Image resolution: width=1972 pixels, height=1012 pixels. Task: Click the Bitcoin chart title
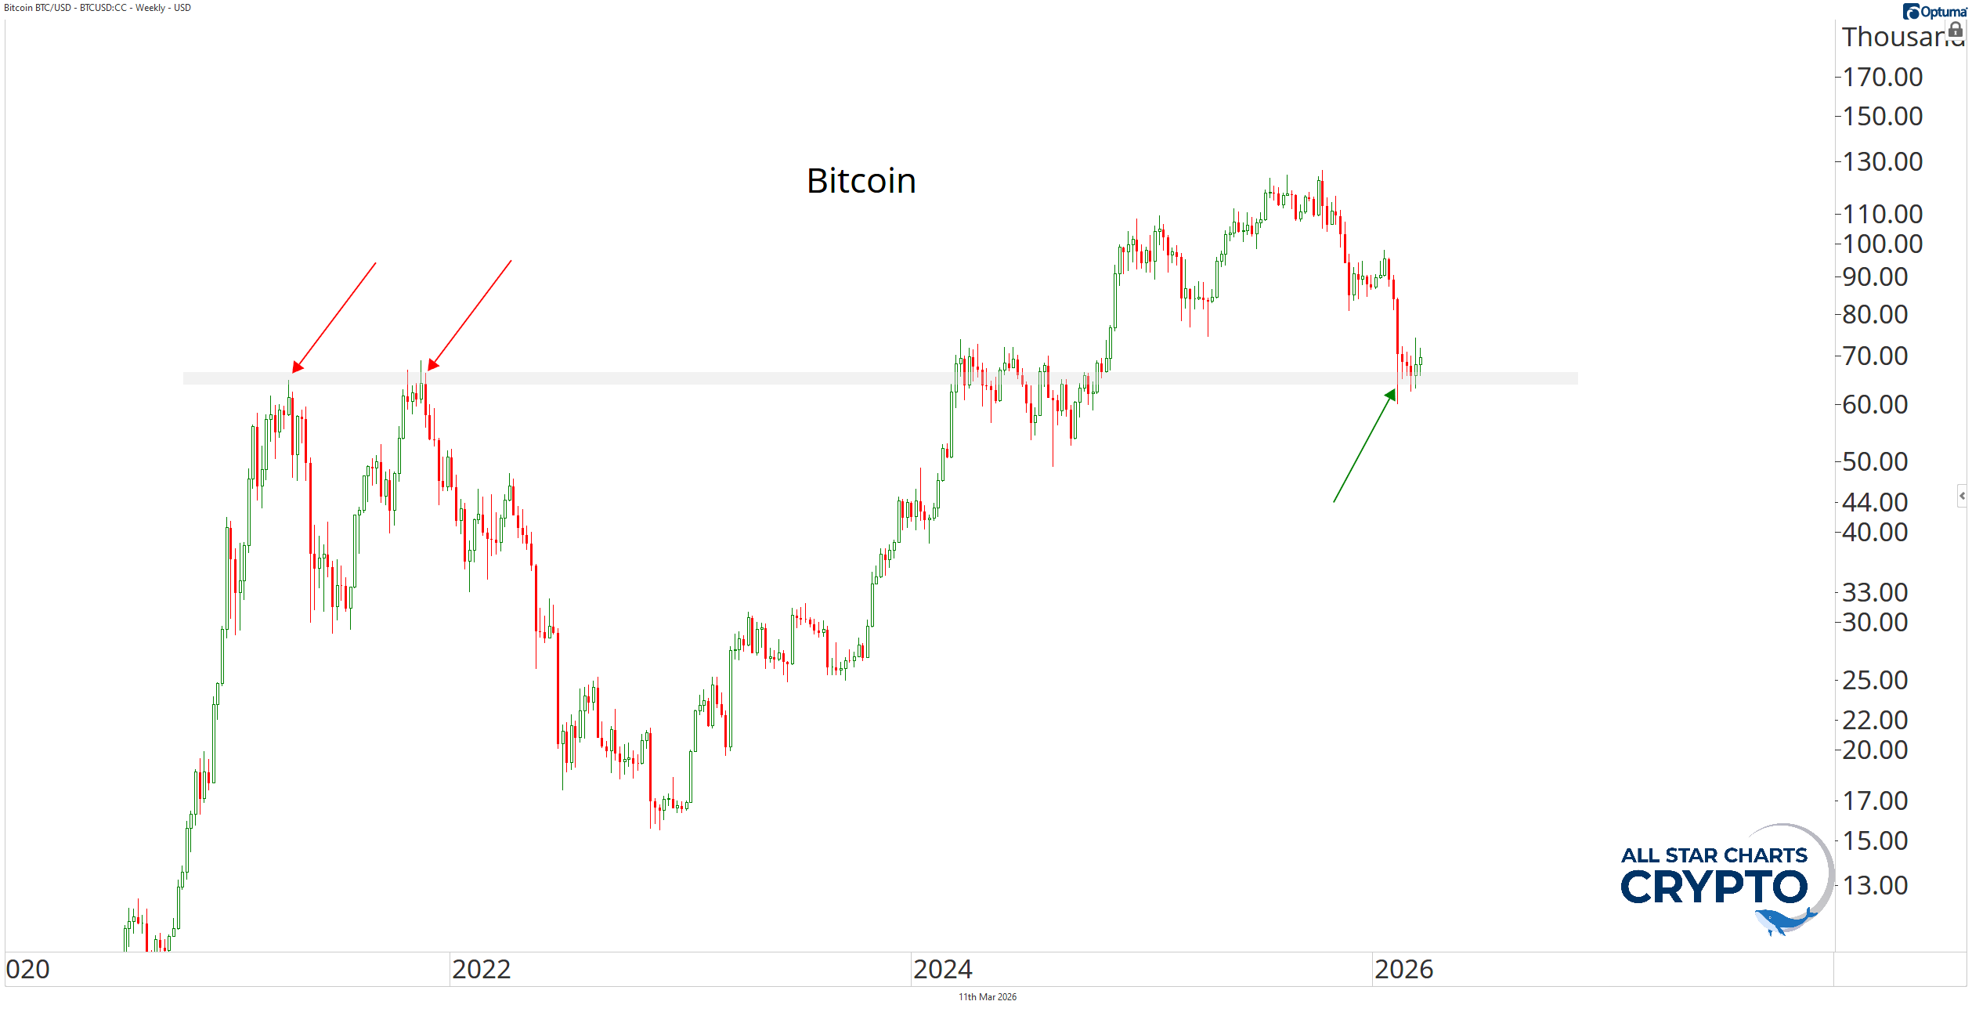click(861, 181)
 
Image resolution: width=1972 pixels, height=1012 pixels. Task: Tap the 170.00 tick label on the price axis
click(1882, 78)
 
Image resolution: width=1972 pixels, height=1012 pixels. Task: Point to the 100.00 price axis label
click(1882, 244)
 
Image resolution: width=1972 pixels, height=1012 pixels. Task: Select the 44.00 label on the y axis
click(1874, 502)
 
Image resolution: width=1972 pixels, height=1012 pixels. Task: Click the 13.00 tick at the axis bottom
click(1874, 885)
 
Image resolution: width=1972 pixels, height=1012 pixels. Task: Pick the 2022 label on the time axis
click(481, 970)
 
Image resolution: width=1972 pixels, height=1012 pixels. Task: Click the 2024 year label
click(942, 970)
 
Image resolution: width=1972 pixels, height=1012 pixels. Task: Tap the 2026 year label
click(1403, 970)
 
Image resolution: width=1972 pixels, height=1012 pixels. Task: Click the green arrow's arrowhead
click(1391, 395)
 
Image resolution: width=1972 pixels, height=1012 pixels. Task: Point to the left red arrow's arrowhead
click(297, 367)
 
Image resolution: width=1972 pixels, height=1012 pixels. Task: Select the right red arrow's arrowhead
click(432, 365)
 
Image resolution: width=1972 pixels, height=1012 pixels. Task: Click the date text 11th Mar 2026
click(987, 997)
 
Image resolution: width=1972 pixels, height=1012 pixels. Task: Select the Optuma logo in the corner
click(1935, 12)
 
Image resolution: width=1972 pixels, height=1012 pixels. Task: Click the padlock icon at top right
click(1955, 30)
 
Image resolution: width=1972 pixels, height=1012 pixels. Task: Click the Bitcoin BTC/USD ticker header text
click(97, 8)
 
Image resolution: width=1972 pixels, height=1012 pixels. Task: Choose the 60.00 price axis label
click(1874, 405)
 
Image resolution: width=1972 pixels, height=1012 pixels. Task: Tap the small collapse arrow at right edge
click(1962, 496)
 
